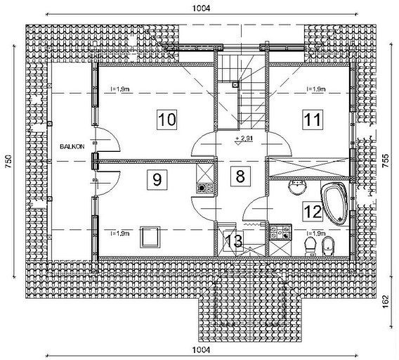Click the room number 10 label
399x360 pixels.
click(x=167, y=120)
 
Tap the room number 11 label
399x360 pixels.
click(x=313, y=120)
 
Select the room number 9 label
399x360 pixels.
click(x=157, y=179)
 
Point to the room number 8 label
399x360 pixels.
click(x=240, y=176)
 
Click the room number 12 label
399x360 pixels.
click(x=313, y=212)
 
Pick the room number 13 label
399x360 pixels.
click(x=233, y=240)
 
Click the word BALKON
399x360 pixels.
click(x=72, y=147)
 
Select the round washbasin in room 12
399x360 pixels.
click(x=297, y=187)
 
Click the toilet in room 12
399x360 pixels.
click(x=310, y=246)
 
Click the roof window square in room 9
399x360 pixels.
click(x=150, y=237)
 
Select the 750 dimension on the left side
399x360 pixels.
click(x=8, y=161)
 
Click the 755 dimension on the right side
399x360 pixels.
click(x=386, y=160)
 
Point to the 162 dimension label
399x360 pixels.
click(x=386, y=302)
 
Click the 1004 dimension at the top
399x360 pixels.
click(x=202, y=8)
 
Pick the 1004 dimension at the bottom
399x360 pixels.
click(x=202, y=350)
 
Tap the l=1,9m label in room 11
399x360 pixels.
click(x=316, y=89)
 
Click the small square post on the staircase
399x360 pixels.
click(x=235, y=85)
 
